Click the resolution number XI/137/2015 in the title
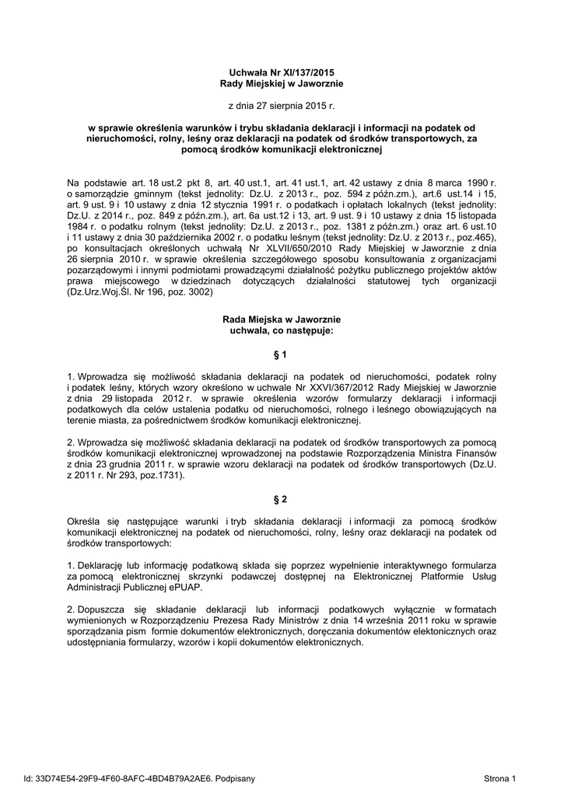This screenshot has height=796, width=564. click(296, 72)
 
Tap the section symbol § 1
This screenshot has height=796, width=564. click(282, 354)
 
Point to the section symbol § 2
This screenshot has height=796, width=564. click(282, 498)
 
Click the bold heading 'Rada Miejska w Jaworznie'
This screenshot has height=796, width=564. click(282, 319)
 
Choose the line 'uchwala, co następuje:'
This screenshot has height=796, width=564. click(282, 330)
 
